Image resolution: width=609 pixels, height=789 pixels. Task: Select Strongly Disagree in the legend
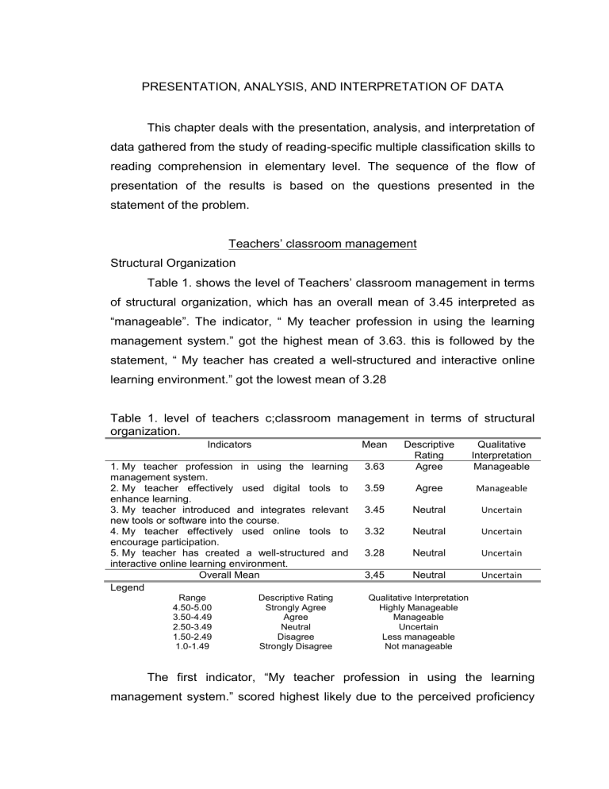coord(296,646)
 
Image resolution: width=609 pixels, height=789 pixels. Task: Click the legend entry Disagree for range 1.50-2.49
coord(296,637)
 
